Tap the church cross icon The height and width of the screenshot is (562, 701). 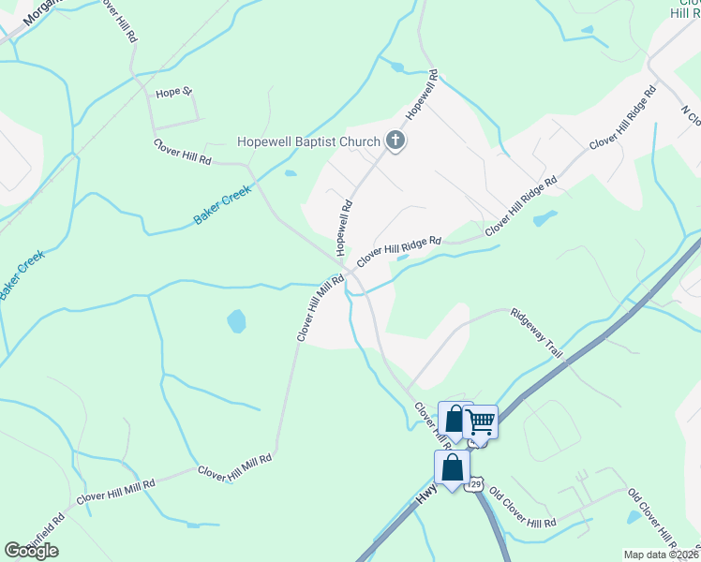[395, 142]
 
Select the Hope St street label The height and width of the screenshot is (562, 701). [173, 93]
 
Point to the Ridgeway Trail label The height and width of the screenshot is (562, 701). [536, 333]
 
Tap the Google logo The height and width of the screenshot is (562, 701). [31, 551]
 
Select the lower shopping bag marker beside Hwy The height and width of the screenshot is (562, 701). [452, 467]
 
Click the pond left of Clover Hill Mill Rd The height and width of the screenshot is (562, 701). [236, 322]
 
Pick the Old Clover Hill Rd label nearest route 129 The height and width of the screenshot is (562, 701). [523, 508]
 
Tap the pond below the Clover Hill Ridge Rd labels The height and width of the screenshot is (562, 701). [544, 219]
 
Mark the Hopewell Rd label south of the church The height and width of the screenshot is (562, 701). [344, 228]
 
